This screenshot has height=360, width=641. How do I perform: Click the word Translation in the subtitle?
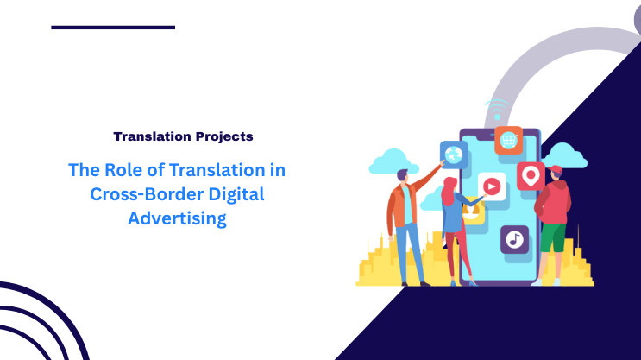(x=151, y=136)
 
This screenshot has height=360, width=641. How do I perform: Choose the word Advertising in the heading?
(x=177, y=218)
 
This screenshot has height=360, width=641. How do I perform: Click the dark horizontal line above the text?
(x=113, y=28)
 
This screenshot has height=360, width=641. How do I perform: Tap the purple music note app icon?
(x=514, y=239)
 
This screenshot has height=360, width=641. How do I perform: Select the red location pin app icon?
(x=531, y=176)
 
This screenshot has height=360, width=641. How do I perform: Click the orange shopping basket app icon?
(x=508, y=140)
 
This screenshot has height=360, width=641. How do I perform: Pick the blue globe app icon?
(x=453, y=155)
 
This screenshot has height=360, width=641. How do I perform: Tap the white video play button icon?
(x=491, y=185)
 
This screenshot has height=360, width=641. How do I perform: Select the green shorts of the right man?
(x=553, y=236)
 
